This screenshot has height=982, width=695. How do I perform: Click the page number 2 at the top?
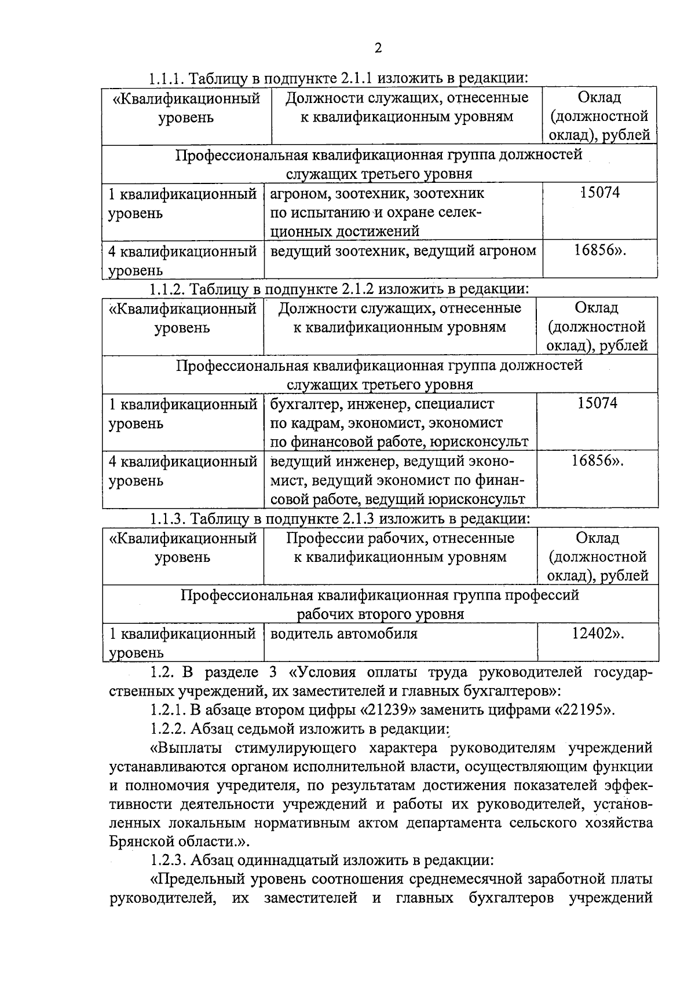click(x=378, y=48)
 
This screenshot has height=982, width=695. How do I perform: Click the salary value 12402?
click(x=592, y=633)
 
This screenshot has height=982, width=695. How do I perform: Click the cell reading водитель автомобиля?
click(x=344, y=633)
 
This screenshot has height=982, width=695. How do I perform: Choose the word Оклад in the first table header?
click(x=599, y=98)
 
